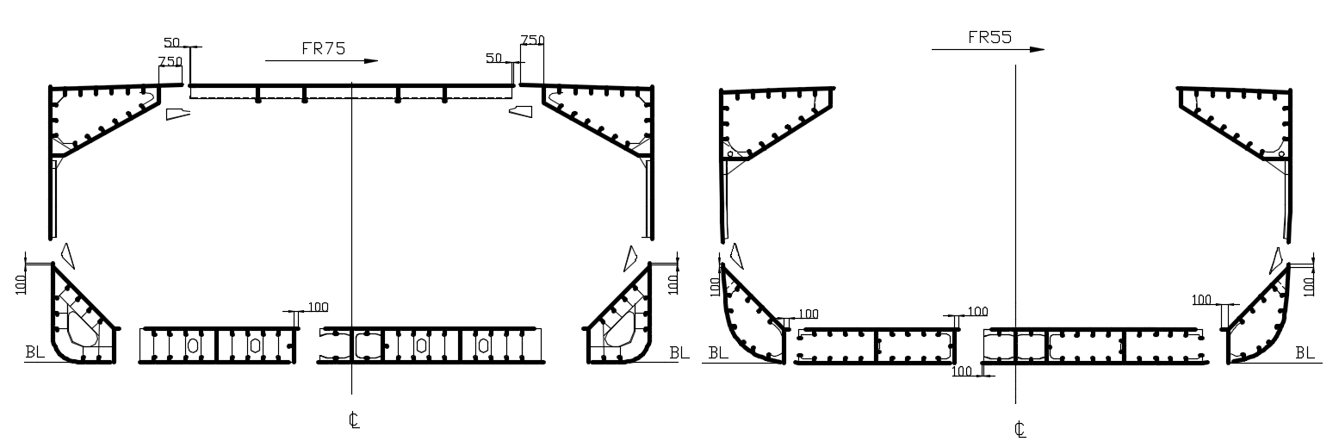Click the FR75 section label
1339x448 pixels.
pyautogui.click(x=324, y=48)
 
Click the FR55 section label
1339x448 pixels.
pyautogui.click(x=990, y=37)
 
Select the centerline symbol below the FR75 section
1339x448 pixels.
pyautogui.click(x=354, y=420)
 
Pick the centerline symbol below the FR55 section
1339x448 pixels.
pyautogui.click(x=1020, y=429)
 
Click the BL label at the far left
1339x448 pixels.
pyautogui.click(x=34, y=352)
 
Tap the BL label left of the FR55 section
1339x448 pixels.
pyautogui.click(x=718, y=353)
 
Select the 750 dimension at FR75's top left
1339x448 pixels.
pyautogui.click(x=170, y=61)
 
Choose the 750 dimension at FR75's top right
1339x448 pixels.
pyautogui.click(x=532, y=40)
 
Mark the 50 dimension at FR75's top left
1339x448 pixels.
pyautogui.click(x=171, y=42)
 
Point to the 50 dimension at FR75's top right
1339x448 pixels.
pyautogui.click(x=493, y=58)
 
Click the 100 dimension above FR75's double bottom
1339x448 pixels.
pyautogui.click(x=318, y=307)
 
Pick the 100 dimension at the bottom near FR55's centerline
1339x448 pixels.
pyautogui.click(x=961, y=371)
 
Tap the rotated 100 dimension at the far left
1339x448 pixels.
pyautogui.click(x=21, y=284)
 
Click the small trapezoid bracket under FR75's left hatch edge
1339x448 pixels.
pyautogui.click(x=177, y=114)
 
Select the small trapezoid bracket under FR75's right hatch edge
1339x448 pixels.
pyautogui.click(x=521, y=111)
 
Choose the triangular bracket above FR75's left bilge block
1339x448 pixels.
pyautogui.click(x=68, y=255)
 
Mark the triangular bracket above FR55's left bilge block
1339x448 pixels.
pyautogui.click(x=737, y=255)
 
